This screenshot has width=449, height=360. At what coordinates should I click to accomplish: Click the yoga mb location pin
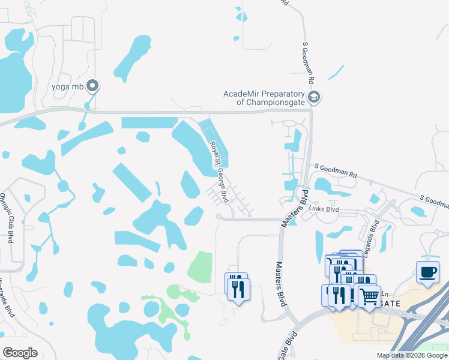[92, 86]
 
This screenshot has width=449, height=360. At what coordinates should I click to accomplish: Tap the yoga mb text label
[67, 86]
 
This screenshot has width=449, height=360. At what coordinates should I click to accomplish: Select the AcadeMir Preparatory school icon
[313, 97]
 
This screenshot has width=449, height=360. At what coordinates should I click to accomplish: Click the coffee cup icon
[427, 272]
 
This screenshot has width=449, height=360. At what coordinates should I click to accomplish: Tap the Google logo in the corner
[20, 352]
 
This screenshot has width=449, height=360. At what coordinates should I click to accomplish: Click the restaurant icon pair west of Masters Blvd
[237, 287]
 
